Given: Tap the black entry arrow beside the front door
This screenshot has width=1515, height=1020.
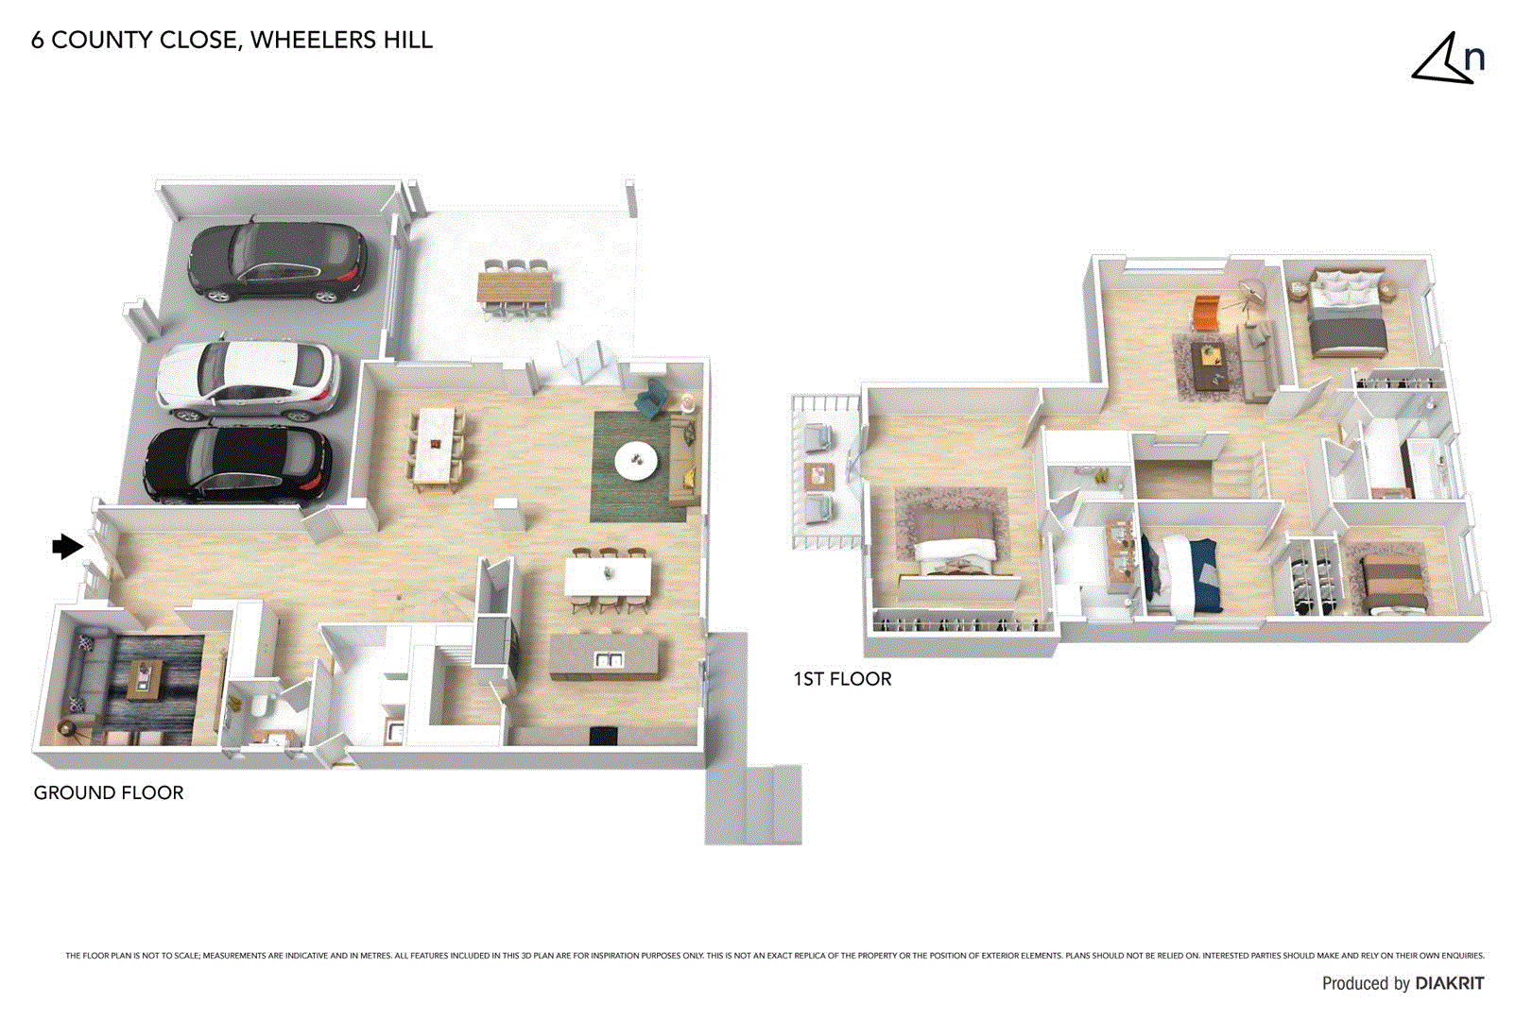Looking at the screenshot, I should click(x=66, y=546).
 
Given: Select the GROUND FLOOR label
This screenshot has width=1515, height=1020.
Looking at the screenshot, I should click(x=109, y=792).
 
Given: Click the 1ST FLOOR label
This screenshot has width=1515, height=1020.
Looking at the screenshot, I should click(x=842, y=678).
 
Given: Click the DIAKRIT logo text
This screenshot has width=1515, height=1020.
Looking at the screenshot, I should click(x=1449, y=983).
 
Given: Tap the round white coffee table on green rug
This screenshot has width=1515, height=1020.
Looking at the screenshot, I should click(x=636, y=461).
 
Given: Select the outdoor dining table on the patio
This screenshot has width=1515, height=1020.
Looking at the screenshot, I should click(x=515, y=286).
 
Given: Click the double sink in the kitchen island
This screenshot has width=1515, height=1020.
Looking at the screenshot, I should click(x=608, y=659).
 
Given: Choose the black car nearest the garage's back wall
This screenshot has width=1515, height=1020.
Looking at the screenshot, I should click(x=277, y=261).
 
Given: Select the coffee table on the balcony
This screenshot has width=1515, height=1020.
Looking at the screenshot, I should click(x=818, y=475).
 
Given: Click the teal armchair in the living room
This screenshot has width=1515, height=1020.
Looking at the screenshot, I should click(x=651, y=400).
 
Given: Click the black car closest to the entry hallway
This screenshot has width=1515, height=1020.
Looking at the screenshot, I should click(x=237, y=464).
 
